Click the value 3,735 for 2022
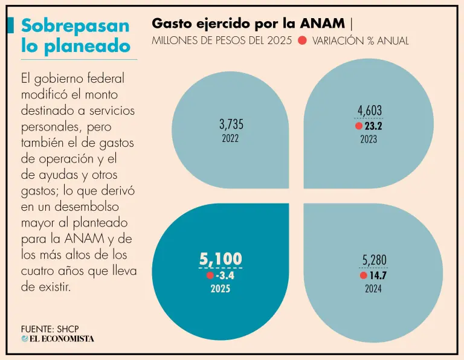coord(231,124)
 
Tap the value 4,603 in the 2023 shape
coord(369,111)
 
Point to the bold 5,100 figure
coord(221,259)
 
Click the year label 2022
coord(230,138)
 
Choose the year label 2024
coord(373,289)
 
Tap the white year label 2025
coord(221,289)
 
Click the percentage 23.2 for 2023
coord(373,126)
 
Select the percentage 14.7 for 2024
coord(378,275)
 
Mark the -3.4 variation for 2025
coord(224,275)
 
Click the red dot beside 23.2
coord(359,126)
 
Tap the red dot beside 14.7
coord(363,275)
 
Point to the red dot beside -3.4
coord(210,275)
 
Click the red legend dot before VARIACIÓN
coord(302,40)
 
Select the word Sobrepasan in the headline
coord(75,25)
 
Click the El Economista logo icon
coord(25,338)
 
